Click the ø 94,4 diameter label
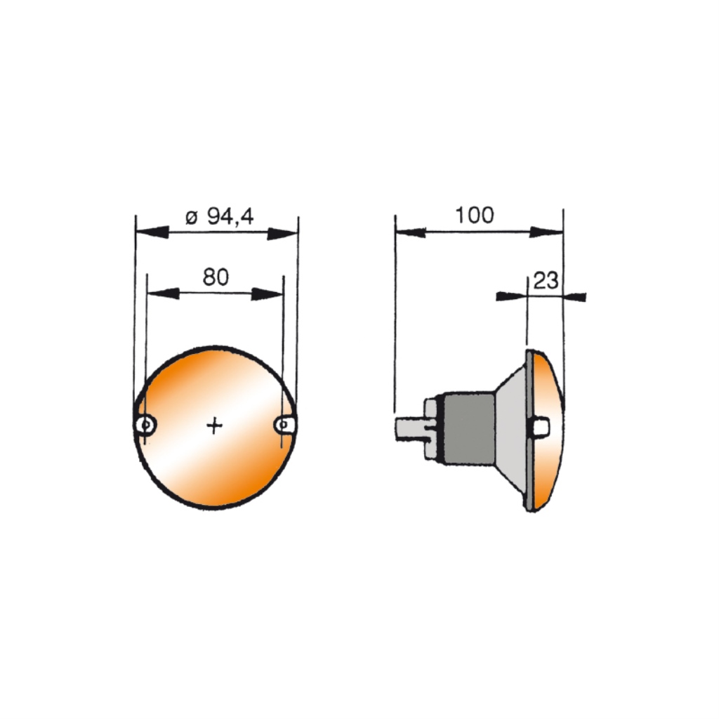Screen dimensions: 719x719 click(219, 216)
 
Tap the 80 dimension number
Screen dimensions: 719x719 click(216, 277)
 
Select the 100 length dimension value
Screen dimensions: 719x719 click(475, 215)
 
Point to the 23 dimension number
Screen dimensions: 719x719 click(546, 280)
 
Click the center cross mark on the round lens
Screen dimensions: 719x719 click(214, 426)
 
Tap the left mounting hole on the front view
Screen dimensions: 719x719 click(146, 425)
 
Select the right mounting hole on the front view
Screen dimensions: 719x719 click(285, 425)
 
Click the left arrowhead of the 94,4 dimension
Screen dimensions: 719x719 click(152, 232)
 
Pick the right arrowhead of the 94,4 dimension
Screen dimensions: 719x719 click(282, 233)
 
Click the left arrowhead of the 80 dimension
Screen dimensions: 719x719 click(163, 293)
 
